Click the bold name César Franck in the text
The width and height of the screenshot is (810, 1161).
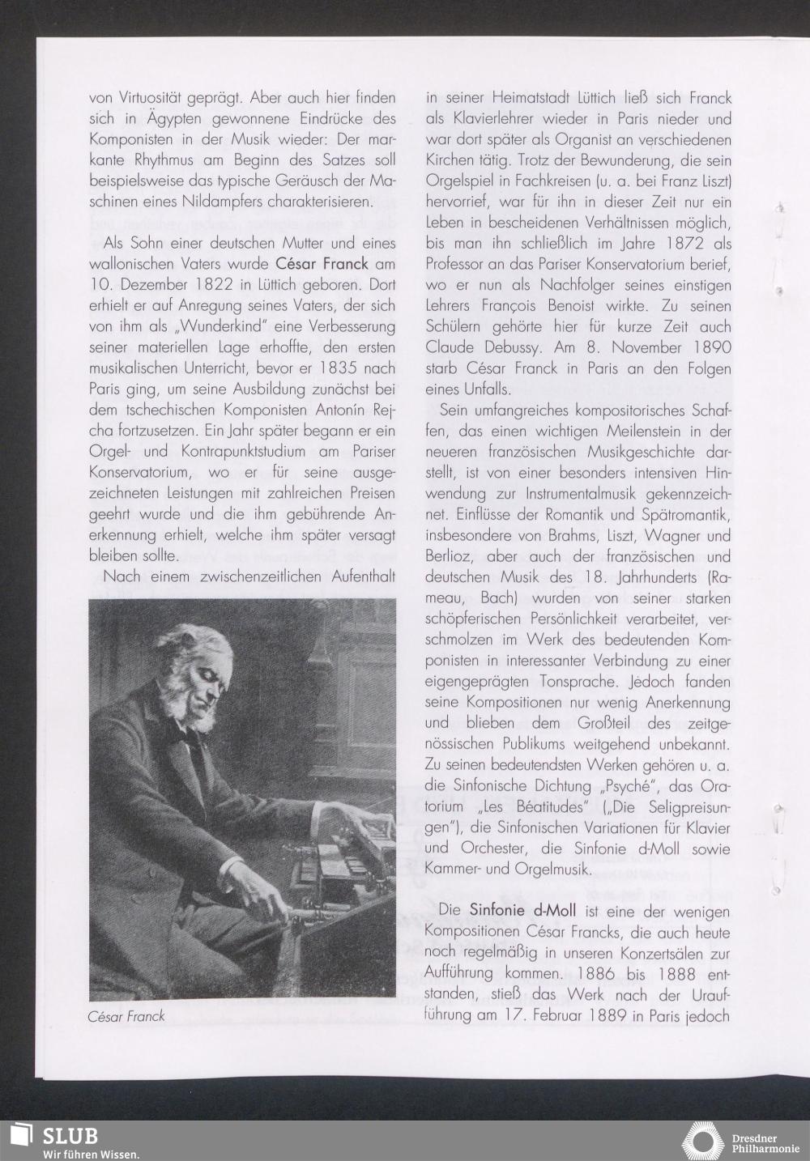coord(322,264)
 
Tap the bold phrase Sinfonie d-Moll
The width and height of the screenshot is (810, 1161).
coord(522,910)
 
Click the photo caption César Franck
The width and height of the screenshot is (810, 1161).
coord(126,1016)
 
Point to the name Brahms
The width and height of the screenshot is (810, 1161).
coord(565,536)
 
